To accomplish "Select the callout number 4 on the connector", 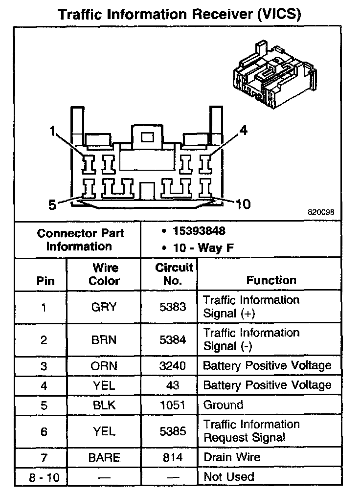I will coord(243,130).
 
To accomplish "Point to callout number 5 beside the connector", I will coord(52,204).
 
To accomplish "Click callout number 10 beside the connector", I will coord(243,203).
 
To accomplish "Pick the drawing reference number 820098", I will coord(321,213).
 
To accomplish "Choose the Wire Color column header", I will coord(104,274).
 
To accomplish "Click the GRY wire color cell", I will coord(104,307).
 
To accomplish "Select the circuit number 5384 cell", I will coord(173,340).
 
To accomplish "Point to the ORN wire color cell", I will coord(104,366).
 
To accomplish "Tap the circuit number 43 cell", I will coord(173,385).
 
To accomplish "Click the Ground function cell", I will coord(223,405).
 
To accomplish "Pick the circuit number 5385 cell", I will coord(173,431).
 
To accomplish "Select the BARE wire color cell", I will coord(104,457).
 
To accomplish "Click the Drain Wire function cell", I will coord(231,457).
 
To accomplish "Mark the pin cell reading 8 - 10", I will coord(44,477).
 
